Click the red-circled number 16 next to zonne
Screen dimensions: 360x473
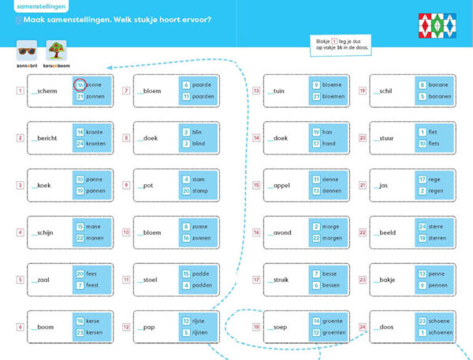[x=80, y=85]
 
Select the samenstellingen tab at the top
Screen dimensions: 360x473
[x=40, y=6]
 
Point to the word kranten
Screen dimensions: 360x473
[x=96, y=144]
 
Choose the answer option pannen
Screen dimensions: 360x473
[x=95, y=191]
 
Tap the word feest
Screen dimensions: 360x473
[x=92, y=284]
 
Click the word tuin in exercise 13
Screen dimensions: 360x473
[x=279, y=91]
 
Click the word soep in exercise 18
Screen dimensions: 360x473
[x=281, y=326]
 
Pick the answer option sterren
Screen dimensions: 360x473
[x=438, y=238]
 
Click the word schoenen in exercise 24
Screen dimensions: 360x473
[x=442, y=332]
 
